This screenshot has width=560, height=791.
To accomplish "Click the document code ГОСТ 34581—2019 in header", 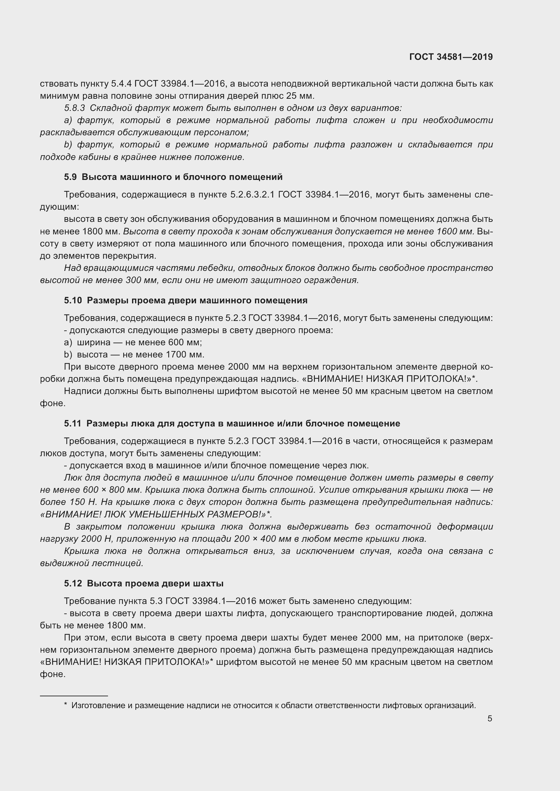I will pos(451,57).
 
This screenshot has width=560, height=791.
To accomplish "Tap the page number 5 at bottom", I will pos(490,719).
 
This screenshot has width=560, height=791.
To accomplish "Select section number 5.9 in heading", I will pos(70,177).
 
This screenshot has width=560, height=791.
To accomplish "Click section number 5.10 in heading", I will pos(73,300).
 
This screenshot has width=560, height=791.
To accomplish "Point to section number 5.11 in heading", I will pos(72,423).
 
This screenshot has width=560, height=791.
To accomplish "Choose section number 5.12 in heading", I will pos(73,583).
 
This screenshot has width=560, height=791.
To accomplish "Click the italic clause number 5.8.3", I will pos(74,108).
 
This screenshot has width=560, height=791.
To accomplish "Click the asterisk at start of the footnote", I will pos(66,705).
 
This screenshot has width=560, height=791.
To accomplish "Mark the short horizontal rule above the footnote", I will pos(74,696).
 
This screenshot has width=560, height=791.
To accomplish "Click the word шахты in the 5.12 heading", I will pos(210,583).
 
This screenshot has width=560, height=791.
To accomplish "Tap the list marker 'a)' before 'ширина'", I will pos(68,343).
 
